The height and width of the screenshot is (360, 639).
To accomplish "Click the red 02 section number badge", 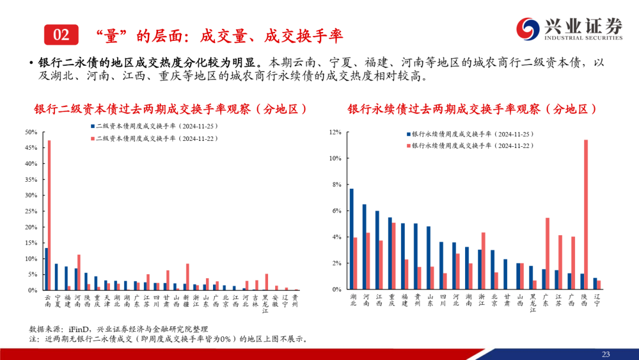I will pos(62,35).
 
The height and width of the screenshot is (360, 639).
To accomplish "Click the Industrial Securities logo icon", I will pos(528,28).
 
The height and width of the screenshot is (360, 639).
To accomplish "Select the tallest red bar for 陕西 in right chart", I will pos(586,214).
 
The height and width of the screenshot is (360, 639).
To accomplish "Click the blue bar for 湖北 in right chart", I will pos(351,239).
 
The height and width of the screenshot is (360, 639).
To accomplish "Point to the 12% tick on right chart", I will pos(336,132).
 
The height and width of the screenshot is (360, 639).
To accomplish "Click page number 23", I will pos(605,354).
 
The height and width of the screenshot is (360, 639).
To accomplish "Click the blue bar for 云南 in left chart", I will pos(46,269).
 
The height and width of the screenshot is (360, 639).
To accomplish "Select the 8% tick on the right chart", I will pos(336,185).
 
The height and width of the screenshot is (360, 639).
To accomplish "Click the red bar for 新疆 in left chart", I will pos(188,277).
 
